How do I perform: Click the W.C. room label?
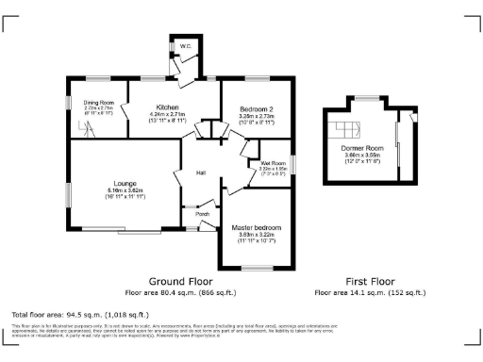tap(186, 46)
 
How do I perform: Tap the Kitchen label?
tap(168, 107)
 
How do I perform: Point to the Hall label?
tap(201, 173)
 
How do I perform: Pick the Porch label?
tap(202, 214)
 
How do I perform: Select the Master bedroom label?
tap(256, 228)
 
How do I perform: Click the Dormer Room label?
tap(362, 149)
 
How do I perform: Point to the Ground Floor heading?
tap(181, 281)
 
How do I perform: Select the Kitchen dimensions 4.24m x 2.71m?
tap(168, 115)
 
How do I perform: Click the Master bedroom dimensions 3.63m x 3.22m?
tap(256, 236)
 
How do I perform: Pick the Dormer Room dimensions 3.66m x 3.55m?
tap(362, 156)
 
